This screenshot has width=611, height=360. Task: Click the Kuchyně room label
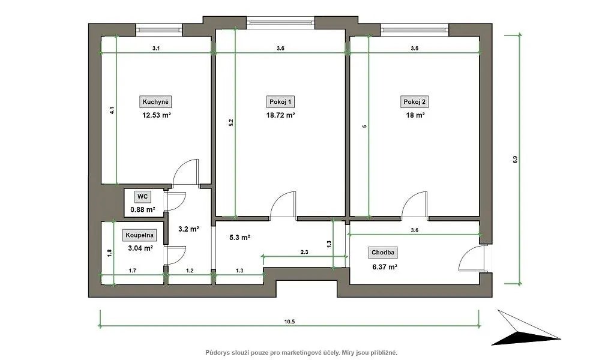(155, 102)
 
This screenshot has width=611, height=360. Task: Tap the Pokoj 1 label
(280, 102)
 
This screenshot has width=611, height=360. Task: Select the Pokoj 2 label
(414, 102)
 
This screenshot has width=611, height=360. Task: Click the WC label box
(142, 197)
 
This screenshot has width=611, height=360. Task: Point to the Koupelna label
(139, 235)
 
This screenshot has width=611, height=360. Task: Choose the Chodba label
(383, 253)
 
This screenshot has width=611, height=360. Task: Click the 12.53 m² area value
(157, 115)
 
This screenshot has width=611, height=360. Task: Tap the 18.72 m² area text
(280, 115)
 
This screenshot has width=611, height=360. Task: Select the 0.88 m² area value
(143, 209)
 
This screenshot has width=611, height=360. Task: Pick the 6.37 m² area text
(385, 267)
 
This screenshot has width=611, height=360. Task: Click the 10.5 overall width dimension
(289, 322)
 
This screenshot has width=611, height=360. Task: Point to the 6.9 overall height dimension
(515, 160)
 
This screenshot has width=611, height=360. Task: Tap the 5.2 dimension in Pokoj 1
(230, 122)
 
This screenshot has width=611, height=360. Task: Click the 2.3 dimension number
(304, 252)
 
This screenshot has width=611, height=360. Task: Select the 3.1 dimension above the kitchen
(156, 49)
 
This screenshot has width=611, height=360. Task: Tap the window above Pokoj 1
(280, 22)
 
